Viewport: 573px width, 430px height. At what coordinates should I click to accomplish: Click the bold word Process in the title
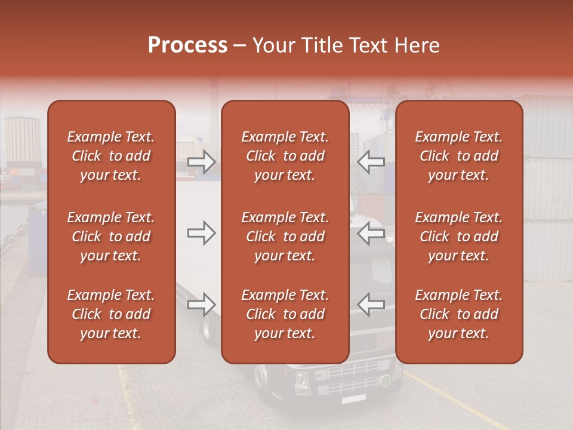pos(187,45)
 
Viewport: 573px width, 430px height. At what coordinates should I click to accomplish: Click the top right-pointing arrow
pos(201,161)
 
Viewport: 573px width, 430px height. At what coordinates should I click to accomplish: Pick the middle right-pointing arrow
pos(201,233)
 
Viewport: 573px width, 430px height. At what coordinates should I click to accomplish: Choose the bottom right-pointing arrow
pos(201,305)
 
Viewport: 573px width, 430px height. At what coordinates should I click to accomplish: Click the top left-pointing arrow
pos(371,161)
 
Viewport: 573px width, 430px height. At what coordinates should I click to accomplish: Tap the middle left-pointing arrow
pos(371,233)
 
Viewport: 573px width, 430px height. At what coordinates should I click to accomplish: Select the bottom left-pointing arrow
pos(371,305)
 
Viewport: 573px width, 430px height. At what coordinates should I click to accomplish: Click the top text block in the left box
pos(111,156)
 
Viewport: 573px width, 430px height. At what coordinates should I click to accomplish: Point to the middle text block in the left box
pos(111,236)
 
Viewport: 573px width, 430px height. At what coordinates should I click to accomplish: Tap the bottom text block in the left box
pos(111,314)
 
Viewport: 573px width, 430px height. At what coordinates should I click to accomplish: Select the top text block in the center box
pos(285,156)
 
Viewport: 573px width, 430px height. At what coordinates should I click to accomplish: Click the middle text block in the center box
pos(285,236)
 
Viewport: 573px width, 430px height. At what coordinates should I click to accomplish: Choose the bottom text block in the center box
pos(285,314)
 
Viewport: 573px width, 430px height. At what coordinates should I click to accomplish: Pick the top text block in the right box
pos(458,156)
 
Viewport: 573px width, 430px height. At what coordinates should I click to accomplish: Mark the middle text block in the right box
pos(458,236)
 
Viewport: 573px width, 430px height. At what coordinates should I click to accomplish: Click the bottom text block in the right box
pos(458,314)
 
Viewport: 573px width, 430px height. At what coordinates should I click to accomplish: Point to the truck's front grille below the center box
pos(346,379)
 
